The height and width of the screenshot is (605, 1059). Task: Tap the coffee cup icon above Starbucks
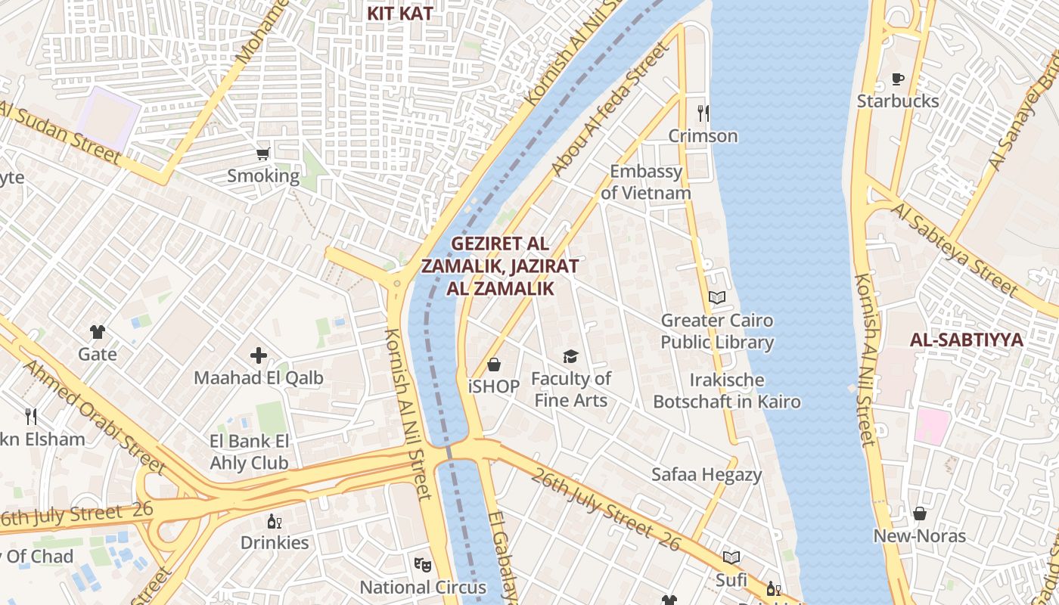(x=898, y=79)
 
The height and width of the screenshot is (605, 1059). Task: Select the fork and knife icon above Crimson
(x=703, y=113)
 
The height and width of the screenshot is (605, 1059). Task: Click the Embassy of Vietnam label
(x=646, y=182)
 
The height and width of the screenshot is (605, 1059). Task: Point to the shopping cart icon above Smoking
(x=262, y=154)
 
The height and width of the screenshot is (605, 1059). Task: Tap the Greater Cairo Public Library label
(x=717, y=331)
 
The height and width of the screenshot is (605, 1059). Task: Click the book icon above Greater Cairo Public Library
(x=717, y=297)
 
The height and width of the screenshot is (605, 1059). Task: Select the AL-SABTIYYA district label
(x=966, y=340)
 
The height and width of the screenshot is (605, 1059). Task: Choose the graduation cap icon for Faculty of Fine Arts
(x=570, y=356)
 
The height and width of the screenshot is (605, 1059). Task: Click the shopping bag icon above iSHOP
(x=494, y=365)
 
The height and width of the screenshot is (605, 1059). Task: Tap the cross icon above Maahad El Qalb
(x=259, y=355)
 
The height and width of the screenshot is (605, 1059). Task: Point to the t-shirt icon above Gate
(x=98, y=331)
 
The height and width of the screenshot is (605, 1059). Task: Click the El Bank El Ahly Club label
(x=249, y=452)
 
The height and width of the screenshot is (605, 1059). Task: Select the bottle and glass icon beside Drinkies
(x=274, y=521)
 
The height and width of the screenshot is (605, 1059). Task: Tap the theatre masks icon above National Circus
(x=423, y=564)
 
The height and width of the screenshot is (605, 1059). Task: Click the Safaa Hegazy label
(x=707, y=475)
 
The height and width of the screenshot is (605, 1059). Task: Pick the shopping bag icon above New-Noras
(x=920, y=514)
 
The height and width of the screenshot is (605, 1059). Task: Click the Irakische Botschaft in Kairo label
(x=726, y=391)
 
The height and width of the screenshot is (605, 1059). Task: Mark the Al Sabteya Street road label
(x=955, y=248)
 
